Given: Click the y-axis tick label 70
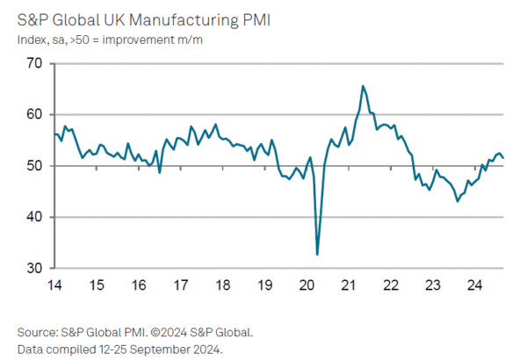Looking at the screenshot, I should (34, 63).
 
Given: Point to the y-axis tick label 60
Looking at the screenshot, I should (34, 114).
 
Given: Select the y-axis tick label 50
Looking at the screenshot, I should (34, 166).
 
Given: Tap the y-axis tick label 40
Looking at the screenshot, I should (34, 217).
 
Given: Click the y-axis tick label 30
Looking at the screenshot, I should (34, 268).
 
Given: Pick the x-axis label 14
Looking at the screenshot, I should (54, 285).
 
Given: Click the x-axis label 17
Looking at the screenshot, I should (181, 285).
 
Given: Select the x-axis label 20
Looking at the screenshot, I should (307, 285).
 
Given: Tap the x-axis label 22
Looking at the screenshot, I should (392, 285).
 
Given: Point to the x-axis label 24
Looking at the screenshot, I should (475, 285).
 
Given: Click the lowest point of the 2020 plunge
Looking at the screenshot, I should (317, 255).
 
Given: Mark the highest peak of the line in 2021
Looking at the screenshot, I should (363, 86).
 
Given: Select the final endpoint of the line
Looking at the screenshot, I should (503, 158).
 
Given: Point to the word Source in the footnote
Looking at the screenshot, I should (38, 332).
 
